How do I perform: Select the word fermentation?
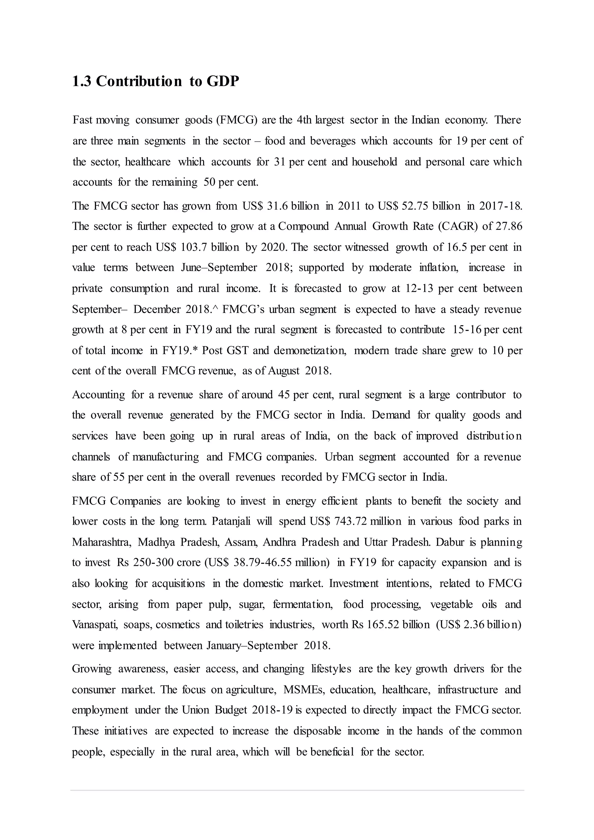point(303,604)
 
